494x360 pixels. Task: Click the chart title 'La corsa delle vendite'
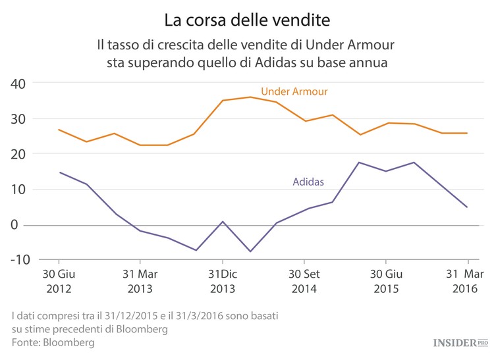[246, 20]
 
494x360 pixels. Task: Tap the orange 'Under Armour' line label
[294, 91]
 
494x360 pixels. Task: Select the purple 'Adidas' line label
[308, 182]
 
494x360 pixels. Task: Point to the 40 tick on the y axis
[18, 84]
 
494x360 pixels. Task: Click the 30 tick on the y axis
[18, 119]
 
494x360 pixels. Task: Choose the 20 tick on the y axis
[18, 154]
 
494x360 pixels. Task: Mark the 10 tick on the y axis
[18, 190]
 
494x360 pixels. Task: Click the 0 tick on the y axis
[21, 225]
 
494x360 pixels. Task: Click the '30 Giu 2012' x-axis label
[59, 281]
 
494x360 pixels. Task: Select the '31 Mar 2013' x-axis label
[140, 281]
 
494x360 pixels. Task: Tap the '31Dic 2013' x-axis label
[222, 281]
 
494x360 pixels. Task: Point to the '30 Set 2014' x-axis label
[304, 281]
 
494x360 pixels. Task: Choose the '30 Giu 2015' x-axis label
[386, 281]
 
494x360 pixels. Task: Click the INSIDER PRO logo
[460, 342]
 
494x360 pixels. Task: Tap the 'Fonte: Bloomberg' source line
[53, 343]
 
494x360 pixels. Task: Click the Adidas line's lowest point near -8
[250, 251]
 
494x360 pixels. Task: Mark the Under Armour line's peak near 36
[250, 97]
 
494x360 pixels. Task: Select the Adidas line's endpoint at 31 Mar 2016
[467, 207]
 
